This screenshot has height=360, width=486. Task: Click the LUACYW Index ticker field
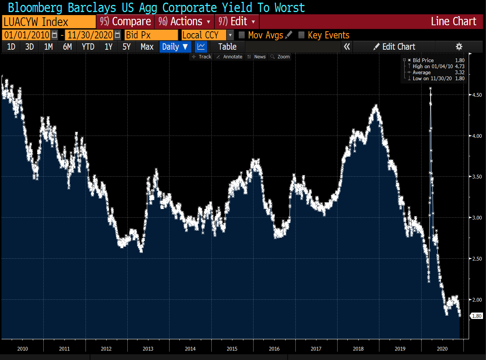coord(49,22)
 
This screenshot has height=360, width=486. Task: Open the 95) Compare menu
coord(125,22)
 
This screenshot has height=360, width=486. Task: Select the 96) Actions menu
coord(184,22)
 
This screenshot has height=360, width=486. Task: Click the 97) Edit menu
coord(237,22)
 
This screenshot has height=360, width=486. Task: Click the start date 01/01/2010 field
coord(27,35)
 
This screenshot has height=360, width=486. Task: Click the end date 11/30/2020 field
coord(90,35)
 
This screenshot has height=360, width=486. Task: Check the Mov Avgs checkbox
coord(242,35)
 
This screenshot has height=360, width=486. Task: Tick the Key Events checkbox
coord(301,35)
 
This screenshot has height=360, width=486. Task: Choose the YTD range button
coord(88,47)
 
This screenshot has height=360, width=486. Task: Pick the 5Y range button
coord(126,47)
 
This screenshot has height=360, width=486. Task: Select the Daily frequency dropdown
coord(175,47)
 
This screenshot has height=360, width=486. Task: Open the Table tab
coord(227,47)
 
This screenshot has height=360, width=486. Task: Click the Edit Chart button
coord(394,47)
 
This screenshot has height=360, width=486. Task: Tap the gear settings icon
coord(459,47)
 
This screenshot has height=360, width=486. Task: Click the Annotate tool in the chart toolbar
coord(229,57)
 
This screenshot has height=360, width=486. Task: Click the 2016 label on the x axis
coord(274,349)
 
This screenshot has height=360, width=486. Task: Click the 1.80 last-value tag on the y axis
coord(477,316)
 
